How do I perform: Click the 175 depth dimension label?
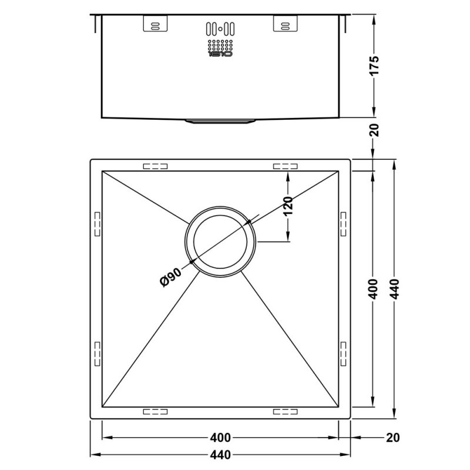(x=377, y=65)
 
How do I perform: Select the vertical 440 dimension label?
(x=395, y=287)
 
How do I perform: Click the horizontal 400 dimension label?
(x=220, y=438)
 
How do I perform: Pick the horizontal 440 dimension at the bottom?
(x=220, y=455)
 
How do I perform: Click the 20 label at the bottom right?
(x=393, y=438)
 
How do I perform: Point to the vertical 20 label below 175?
(x=377, y=130)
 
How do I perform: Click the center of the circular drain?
(x=220, y=241)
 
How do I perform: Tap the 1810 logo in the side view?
(x=220, y=54)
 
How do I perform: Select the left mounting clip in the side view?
(x=155, y=24)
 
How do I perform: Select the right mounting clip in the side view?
(x=285, y=24)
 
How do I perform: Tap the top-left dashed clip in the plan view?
(x=155, y=166)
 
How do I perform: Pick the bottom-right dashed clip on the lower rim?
(x=285, y=412)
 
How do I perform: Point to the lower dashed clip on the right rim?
(x=343, y=352)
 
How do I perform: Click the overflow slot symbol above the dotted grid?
(x=220, y=28)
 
